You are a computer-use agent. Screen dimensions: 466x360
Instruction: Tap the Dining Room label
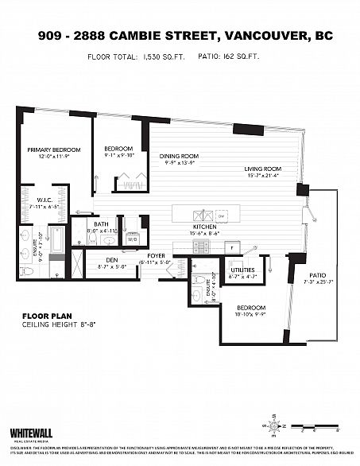pyautogui.click(x=178, y=156)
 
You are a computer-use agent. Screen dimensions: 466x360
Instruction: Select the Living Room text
pyautogui.click(x=262, y=169)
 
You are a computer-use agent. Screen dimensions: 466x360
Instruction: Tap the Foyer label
pyautogui.click(x=155, y=256)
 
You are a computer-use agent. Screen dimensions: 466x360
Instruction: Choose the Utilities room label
pyautogui.click(x=242, y=270)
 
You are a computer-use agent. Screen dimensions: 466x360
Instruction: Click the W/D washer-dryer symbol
pyautogui.click(x=132, y=238)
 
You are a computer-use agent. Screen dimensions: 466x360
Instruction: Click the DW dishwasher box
pyautogui.click(x=222, y=215)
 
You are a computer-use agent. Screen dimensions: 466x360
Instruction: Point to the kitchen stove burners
pyautogui.click(x=201, y=246)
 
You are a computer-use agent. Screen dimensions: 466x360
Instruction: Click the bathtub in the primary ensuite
pyautogui.click(x=56, y=241)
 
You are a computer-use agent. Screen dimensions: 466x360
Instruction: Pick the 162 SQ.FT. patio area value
pyautogui.click(x=243, y=57)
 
